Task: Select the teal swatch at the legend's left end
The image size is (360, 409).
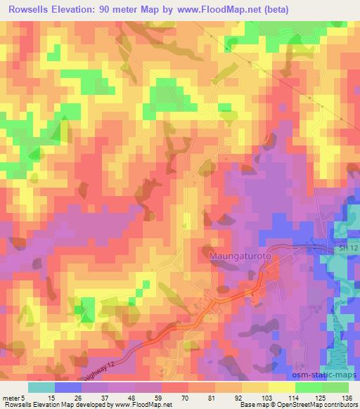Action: (41, 387)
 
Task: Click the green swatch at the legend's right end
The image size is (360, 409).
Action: (335, 387)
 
